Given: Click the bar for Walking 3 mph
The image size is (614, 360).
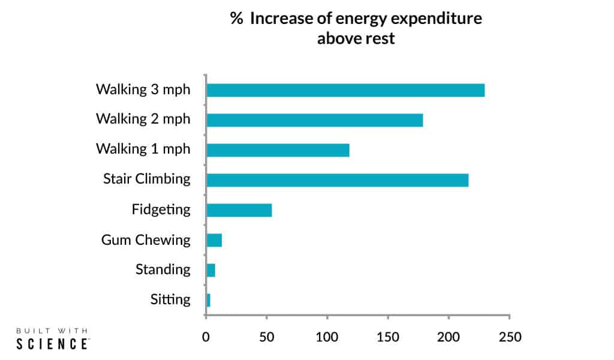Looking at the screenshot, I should click(x=345, y=90).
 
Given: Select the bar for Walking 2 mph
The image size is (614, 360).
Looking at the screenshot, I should click(x=315, y=120).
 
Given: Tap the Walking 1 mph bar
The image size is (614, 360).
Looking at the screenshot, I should click(x=278, y=150).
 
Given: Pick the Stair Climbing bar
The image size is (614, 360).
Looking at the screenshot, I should click(x=337, y=179).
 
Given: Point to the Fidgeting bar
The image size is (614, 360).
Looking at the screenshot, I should click(x=239, y=210).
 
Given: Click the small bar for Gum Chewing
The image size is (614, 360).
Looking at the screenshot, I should click(x=214, y=240).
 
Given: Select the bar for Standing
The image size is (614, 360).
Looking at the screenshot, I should click(x=210, y=270).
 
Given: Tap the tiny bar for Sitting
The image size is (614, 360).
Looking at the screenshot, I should click(x=208, y=300).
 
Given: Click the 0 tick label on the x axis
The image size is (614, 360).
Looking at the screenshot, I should click(x=206, y=337).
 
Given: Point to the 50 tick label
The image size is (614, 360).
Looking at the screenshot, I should click(x=267, y=337).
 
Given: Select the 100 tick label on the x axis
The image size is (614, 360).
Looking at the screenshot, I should click(x=327, y=337).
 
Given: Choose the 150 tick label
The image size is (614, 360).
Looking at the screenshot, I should click(x=388, y=337).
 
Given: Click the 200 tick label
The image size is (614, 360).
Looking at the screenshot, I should click(x=449, y=337).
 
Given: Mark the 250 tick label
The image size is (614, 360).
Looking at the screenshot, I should click(x=509, y=337).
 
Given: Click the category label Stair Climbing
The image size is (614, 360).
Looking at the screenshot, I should click(x=146, y=179).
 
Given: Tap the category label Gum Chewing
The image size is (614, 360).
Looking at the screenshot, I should click(x=146, y=240).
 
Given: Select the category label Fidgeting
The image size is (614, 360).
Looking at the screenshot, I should click(x=161, y=210).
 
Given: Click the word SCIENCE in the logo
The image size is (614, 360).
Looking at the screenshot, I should click(x=52, y=344).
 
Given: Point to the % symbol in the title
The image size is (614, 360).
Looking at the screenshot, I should click(x=236, y=19).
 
